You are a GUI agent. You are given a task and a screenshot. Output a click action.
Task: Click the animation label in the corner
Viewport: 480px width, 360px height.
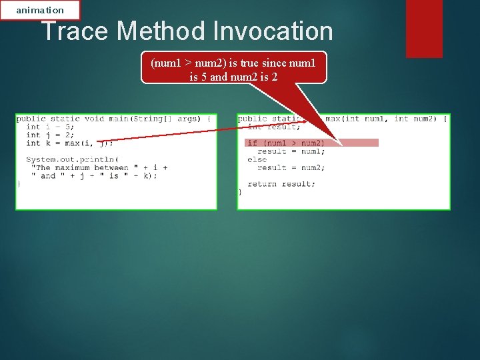click(40, 10)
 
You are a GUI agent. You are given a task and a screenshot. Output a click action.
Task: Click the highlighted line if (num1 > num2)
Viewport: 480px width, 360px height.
click(285, 143)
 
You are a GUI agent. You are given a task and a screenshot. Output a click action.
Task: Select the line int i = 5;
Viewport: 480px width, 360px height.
click(50, 127)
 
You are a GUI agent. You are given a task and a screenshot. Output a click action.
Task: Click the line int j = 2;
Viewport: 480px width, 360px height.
click(50, 135)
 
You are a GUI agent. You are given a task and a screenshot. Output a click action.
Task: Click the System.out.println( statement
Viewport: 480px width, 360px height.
click(72, 159)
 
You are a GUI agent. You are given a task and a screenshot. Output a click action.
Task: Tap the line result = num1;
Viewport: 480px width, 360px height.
click(291, 151)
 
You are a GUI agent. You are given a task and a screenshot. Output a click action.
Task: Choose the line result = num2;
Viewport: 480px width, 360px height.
click(291, 167)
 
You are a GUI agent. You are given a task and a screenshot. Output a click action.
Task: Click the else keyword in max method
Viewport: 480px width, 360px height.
click(257, 159)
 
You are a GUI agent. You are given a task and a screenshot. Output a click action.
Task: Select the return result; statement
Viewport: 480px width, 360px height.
click(281, 184)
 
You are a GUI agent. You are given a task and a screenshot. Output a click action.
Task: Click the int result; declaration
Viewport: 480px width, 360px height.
click(274, 127)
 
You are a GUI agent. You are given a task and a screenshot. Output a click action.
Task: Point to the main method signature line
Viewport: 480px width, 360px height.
click(113, 119)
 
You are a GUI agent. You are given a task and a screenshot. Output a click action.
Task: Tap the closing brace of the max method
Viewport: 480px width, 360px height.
click(240, 192)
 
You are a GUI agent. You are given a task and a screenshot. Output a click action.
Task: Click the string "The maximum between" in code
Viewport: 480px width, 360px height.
click(79, 167)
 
